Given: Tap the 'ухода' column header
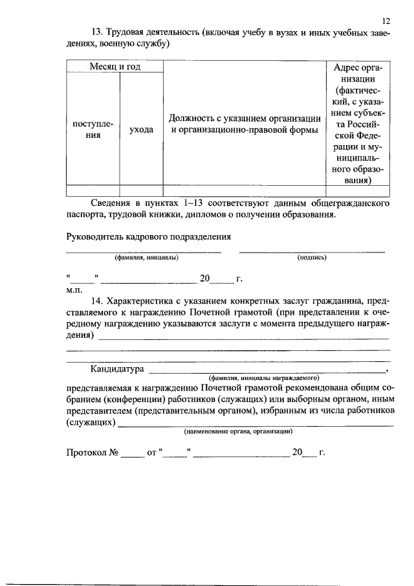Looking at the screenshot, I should [x=141, y=130].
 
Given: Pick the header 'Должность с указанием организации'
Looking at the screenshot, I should [x=245, y=124].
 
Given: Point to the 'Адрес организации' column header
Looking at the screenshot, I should [x=358, y=124].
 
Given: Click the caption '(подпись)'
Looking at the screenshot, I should [x=312, y=258].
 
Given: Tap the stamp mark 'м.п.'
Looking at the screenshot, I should [x=75, y=290].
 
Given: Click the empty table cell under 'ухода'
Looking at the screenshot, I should [x=141, y=190].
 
